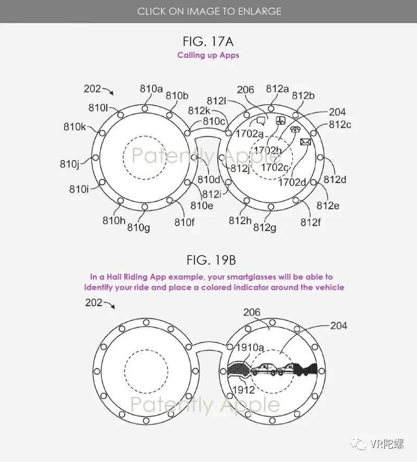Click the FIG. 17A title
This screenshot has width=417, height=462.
pos(208,42)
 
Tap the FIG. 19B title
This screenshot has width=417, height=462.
pos(212,261)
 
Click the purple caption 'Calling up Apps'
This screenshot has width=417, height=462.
pos(208,55)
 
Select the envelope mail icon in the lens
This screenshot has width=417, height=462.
pos(305,142)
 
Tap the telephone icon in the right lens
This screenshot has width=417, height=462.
pos(295,129)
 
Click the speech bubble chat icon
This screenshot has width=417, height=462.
pos(261,120)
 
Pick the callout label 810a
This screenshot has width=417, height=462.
pos(151,89)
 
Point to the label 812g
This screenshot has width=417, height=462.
pos(264,227)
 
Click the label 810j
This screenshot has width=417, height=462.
pos(69,164)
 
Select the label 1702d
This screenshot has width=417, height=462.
pos(292,182)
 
